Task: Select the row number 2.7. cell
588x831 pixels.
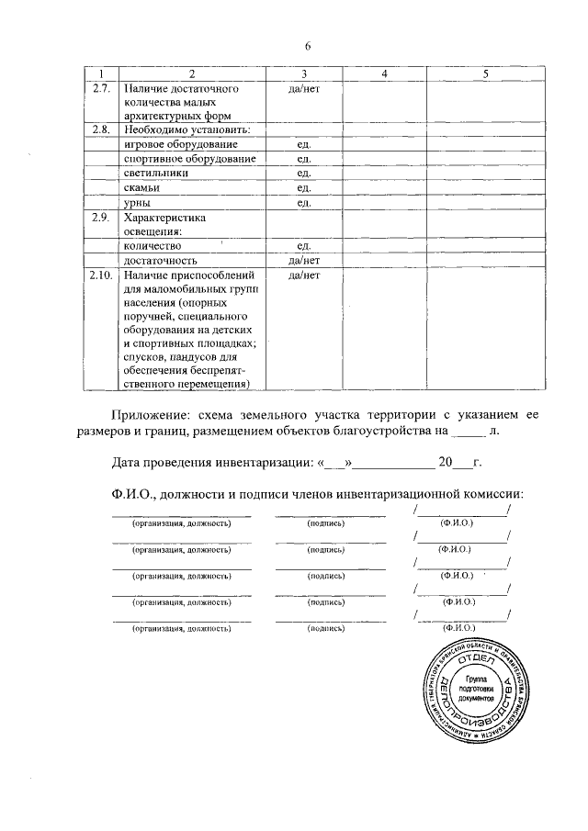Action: tap(101, 87)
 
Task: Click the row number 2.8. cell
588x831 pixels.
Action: tap(101, 129)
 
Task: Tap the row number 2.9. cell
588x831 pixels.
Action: tap(101, 218)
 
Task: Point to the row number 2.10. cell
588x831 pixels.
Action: tap(101, 275)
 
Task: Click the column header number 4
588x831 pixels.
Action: tap(385, 73)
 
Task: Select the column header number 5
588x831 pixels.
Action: tap(485, 73)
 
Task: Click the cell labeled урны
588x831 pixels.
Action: tap(137, 202)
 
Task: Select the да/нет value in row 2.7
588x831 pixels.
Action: tap(303, 87)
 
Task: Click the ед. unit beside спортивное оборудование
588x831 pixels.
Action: tap(303, 159)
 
